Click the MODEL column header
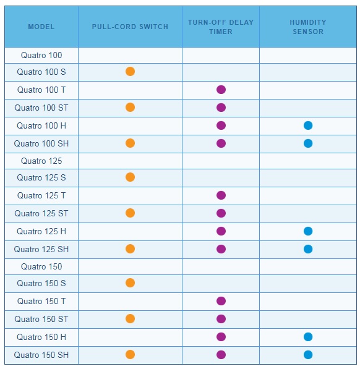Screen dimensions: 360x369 pyautogui.click(x=41, y=27)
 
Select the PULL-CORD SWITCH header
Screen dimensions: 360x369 pyautogui.click(x=130, y=27)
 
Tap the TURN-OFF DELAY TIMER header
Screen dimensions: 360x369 pyautogui.click(x=221, y=27)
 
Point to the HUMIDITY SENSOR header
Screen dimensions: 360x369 pyautogui.click(x=308, y=27)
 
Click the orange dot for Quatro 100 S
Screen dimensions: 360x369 pyautogui.click(x=130, y=71)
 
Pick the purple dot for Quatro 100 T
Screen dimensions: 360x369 pyautogui.click(x=221, y=90)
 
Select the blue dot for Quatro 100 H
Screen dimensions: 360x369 pyautogui.click(x=308, y=125)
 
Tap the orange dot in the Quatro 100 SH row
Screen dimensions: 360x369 pyautogui.click(x=130, y=143)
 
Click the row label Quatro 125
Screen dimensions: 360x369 pyautogui.click(x=41, y=161)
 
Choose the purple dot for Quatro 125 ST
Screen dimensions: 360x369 pyautogui.click(x=221, y=213)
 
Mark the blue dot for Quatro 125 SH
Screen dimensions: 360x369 pyautogui.click(x=308, y=249)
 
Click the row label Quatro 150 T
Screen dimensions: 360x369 pyautogui.click(x=41, y=301)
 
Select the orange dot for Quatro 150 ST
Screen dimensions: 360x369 pyautogui.click(x=130, y=319)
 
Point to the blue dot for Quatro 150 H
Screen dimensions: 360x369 pyautogui.click(x=308, y=337)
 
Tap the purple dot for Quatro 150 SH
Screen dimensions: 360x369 pyautogui.click(x=221, y=355)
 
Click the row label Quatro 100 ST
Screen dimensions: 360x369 pyautogui.click(x=41, y=108)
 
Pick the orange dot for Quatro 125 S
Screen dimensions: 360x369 pyautogui.click(x=130, y=177)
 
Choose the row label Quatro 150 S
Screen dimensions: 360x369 pyautogui.click(x=41, y=283)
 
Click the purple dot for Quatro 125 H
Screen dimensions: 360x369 pyautogui.click(x=221, y=231)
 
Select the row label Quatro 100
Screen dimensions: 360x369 pyautogui.click(x=41, y=55)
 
